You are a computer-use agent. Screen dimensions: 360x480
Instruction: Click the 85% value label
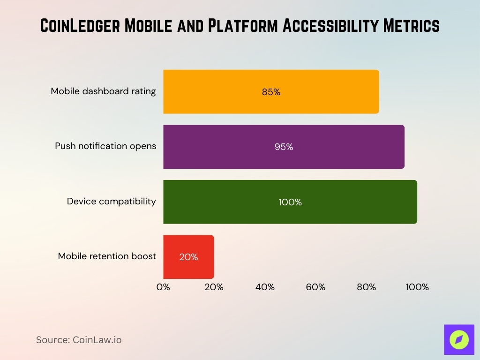pos(271,92)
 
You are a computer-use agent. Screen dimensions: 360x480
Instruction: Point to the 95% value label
pos(284,147)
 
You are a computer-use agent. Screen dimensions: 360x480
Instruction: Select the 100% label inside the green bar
pos(290,202)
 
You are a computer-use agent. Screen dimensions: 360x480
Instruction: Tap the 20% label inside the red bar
pos(188,257)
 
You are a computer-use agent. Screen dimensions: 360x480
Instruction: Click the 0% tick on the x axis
pos(163,287)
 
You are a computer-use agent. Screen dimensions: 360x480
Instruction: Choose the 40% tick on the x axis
pos(265,287)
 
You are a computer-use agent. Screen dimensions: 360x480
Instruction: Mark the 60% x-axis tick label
pos(315,287)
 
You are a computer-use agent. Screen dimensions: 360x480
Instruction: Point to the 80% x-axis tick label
pos(366,287)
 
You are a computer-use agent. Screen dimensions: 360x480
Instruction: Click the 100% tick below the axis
pos(417,287)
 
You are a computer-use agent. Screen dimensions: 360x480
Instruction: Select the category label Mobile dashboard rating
pos(103,91)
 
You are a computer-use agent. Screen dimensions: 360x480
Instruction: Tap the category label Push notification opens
pos(105,146)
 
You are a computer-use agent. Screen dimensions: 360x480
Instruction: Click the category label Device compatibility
pos(111,201)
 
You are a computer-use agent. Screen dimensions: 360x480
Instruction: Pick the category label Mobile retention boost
pos(107,256)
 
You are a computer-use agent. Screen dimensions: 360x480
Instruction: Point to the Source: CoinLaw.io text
pos(79,340)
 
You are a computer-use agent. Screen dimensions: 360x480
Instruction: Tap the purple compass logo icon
pos(459,339)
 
